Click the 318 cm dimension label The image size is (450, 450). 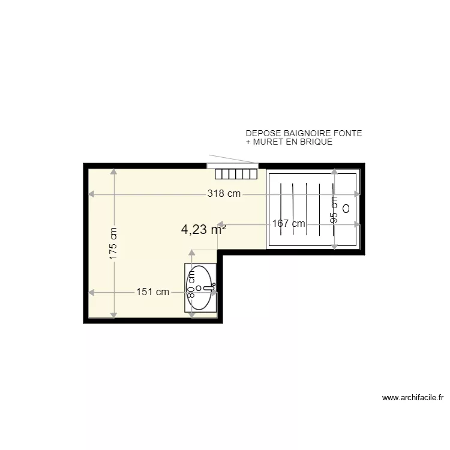(224, 194)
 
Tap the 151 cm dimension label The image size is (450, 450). (152, 292)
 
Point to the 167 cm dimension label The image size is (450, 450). (289, 224)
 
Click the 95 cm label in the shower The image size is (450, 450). (335, 209)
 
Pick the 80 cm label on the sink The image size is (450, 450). (192, 283)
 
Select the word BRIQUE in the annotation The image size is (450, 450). (316, 142)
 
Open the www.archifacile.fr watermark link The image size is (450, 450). (412, 397)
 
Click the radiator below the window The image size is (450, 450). (236, 174)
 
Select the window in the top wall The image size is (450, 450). (232, 165)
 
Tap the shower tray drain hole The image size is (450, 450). (347, 209)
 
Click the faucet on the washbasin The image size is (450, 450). (209, 288)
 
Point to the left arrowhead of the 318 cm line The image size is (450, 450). (91, 194)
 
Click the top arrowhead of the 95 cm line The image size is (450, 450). (335, 172)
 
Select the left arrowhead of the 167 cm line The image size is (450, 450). (220, 224)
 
